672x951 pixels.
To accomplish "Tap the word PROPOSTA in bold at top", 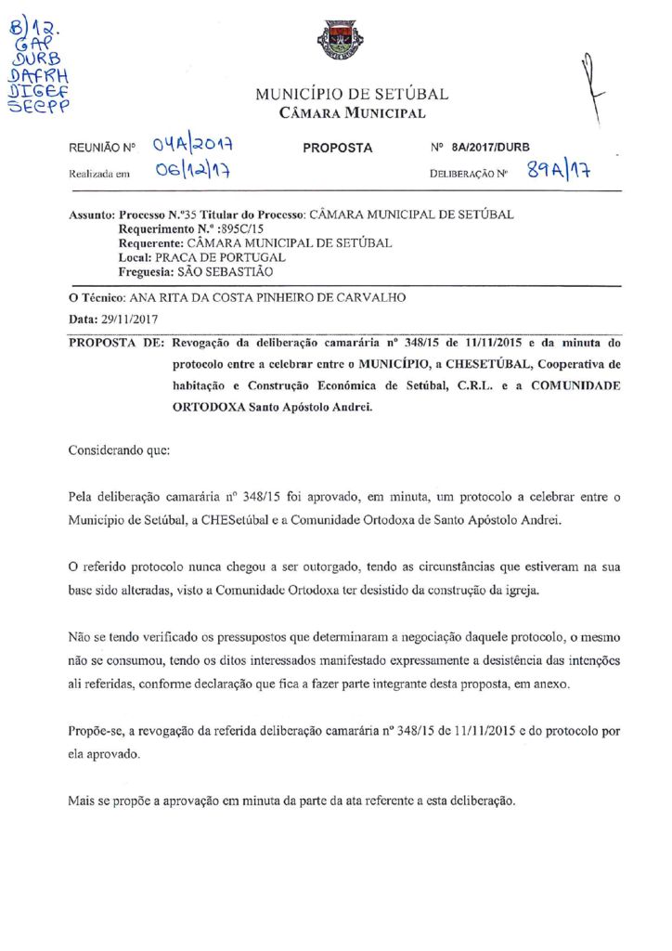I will (338, 148).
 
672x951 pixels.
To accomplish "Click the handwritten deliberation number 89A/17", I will (561, 169).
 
